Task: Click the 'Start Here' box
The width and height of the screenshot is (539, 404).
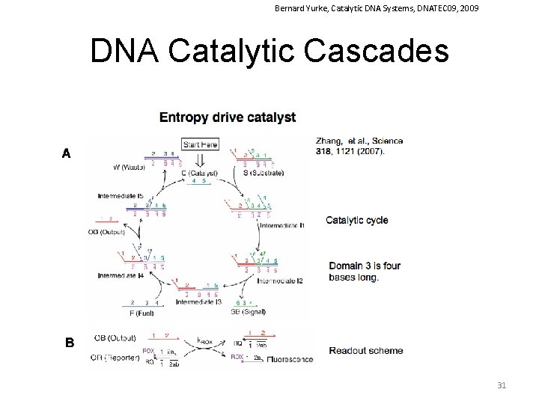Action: (200, 144)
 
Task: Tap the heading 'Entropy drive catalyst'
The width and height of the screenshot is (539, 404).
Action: (228, 117)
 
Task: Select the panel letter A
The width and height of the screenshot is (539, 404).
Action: (67, 153)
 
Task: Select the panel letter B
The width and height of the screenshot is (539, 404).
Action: (69, 343)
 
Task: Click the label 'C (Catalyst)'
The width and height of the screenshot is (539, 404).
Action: (198, 174)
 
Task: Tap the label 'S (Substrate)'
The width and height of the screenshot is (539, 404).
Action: (264, 174)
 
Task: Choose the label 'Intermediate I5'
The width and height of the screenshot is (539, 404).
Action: (121, 196)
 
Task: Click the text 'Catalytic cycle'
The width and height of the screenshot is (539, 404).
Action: (357, 220)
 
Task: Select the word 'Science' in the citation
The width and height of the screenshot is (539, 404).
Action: (386, 141)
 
